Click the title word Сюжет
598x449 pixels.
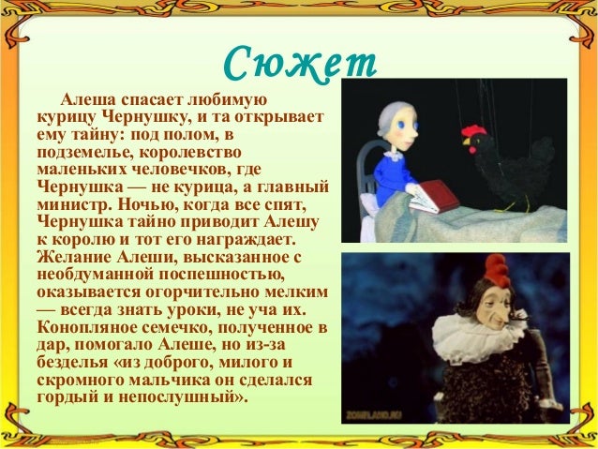pyautogui.click(x=299, y=64)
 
